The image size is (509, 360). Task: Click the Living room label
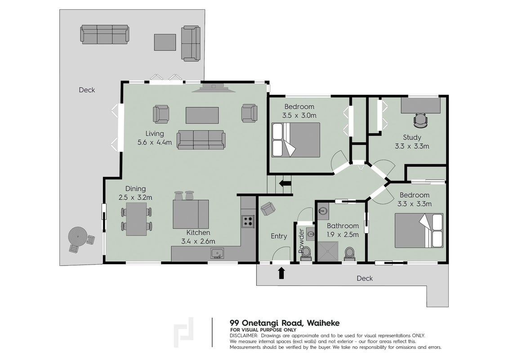pos(155,134)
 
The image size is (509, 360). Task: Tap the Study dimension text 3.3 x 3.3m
pos(412,146)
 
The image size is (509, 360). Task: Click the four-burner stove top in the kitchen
pos(248,221)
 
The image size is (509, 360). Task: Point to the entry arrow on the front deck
pos(281,273)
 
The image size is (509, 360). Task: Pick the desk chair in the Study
pos(421,120)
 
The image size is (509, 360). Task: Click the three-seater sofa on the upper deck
pos(104,35)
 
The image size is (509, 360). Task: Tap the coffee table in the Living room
pos(202,115)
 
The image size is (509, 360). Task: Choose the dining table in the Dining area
pos(136,219)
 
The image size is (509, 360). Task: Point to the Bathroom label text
pos(343,226)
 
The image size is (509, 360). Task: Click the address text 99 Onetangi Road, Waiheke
pos(285,323)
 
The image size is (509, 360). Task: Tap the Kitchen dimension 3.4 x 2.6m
pos(198,241)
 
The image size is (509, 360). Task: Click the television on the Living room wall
pos(213,88)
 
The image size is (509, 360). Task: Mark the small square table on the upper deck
pos(165,42)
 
